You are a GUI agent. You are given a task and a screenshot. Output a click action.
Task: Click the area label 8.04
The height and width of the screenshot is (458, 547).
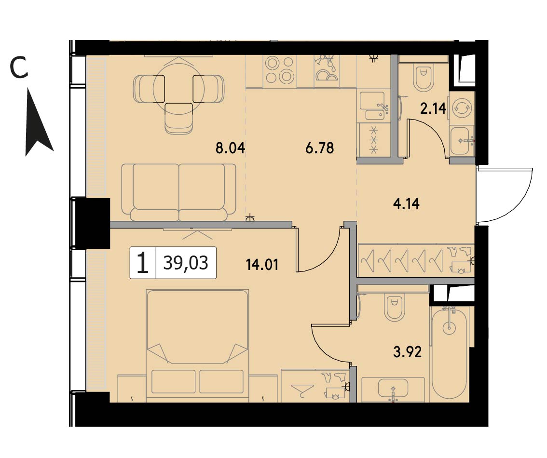(230, 148)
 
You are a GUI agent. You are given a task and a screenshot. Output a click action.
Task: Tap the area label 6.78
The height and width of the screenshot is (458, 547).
(319, 148)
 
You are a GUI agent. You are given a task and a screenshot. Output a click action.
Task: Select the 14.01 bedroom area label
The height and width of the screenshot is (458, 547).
(262, 265)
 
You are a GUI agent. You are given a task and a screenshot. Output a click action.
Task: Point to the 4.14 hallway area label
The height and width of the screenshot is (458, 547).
(406, 204)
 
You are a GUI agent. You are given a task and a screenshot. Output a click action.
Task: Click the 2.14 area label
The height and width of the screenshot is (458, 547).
(433, 109)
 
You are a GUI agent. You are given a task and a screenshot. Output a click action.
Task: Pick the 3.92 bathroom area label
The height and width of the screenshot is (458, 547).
(408, 352)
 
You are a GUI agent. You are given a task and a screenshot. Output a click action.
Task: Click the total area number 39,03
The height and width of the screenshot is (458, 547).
(186, 263)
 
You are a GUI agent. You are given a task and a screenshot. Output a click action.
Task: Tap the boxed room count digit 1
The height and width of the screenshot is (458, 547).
(143, 263)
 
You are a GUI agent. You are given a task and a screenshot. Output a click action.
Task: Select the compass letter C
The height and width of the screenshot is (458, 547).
(19, 68)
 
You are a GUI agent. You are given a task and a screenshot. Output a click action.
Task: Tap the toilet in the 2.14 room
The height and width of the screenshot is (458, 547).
(424, 77)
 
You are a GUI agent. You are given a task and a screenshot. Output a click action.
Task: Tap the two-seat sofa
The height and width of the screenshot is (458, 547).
(178, 192)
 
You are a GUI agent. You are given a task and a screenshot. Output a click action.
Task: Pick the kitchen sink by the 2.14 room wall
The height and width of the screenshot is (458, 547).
(374, 107)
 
